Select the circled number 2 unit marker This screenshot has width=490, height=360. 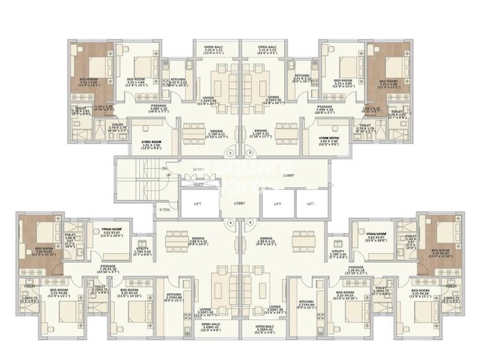pos(249,153)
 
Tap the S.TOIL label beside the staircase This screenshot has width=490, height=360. pos(164,209)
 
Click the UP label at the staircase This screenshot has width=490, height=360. pos(168,175)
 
